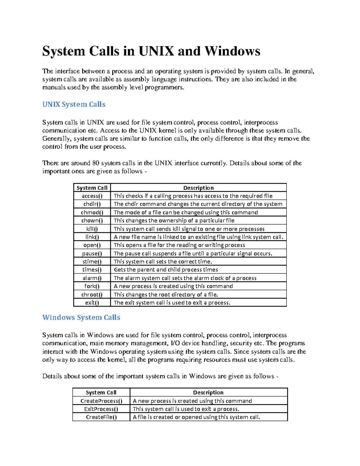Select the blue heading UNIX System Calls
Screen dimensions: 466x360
point(74,104)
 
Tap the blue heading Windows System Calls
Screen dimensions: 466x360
point(81,317)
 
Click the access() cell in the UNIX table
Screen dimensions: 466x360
point(92,196)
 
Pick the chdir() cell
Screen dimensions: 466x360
point(92,204)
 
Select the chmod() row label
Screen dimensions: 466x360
point(92,212)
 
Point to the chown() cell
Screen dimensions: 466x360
point(92,221)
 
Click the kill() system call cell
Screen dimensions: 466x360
point(92,229)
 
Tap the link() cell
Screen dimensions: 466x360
point(92,237)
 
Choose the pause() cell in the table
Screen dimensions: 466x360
point(92,254)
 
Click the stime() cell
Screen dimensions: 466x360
point(92,262)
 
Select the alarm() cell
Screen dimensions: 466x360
point(92,278)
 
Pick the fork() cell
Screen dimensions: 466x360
point(92,286)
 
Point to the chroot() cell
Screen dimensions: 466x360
point(92,295)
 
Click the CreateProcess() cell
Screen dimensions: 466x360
point(101,401)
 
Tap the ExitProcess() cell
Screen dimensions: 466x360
point(101,409)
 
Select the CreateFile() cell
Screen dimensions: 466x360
point(101,417)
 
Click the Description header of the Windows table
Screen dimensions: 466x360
point(208,392)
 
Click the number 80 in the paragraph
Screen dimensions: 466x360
point(96,163)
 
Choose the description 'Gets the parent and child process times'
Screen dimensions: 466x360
point(166,270)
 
